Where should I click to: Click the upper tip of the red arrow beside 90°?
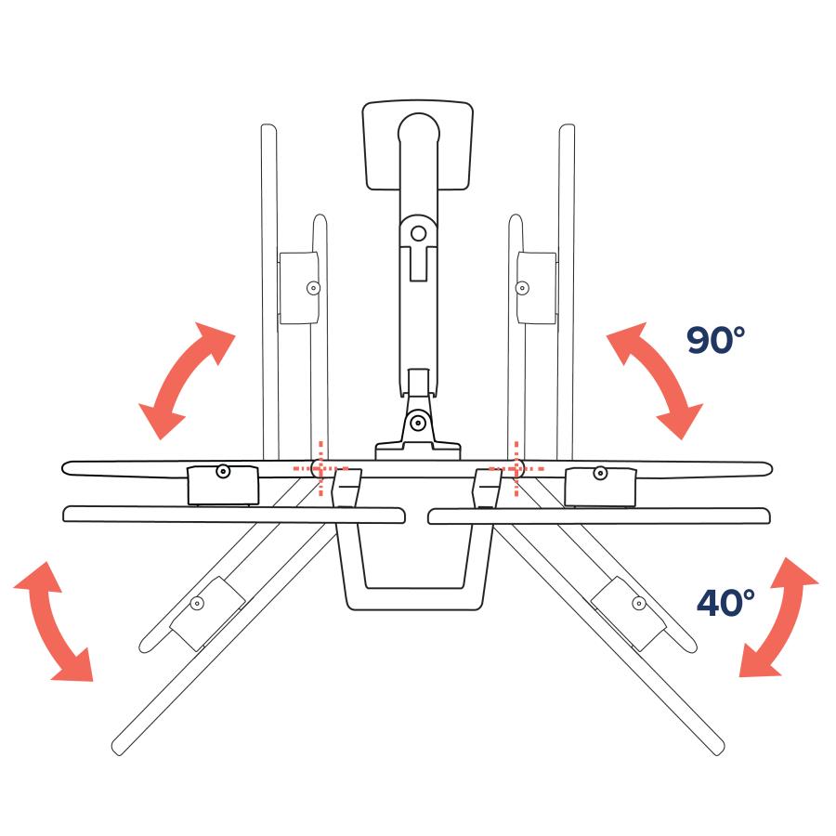point(608,334)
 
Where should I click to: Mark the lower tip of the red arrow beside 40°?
point(739,676)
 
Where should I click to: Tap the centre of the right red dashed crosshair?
point(516,469)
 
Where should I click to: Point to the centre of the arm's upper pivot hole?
point(419,233)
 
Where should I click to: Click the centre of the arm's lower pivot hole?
point(419,423)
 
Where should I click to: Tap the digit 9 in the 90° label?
point(700,340)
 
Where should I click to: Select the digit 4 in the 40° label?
point(712,603)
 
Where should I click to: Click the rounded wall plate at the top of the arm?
point(417,145)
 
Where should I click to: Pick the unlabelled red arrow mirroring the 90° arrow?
point(187,381)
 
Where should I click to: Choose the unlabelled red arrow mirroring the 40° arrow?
point(53,621)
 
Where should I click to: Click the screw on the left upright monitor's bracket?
point(314,288)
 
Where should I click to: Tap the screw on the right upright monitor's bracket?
point(522,288)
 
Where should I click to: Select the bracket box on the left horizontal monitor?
point(223,485)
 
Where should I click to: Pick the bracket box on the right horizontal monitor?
point(600,486)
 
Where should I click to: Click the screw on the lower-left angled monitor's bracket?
point(197,604)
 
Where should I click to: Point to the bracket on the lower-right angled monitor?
point(629,614)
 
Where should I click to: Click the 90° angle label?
point(715,340)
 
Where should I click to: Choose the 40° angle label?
point(725,603)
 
